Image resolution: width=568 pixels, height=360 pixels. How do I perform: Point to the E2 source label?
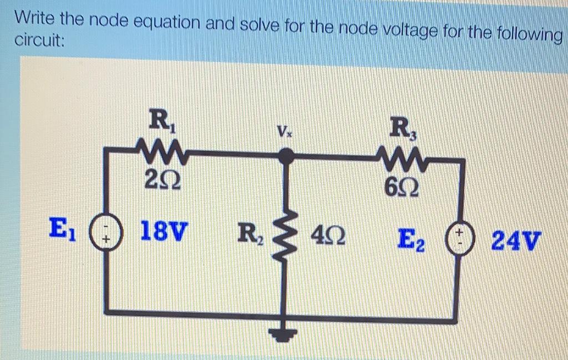pyautogui.click(x=412, y=240)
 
